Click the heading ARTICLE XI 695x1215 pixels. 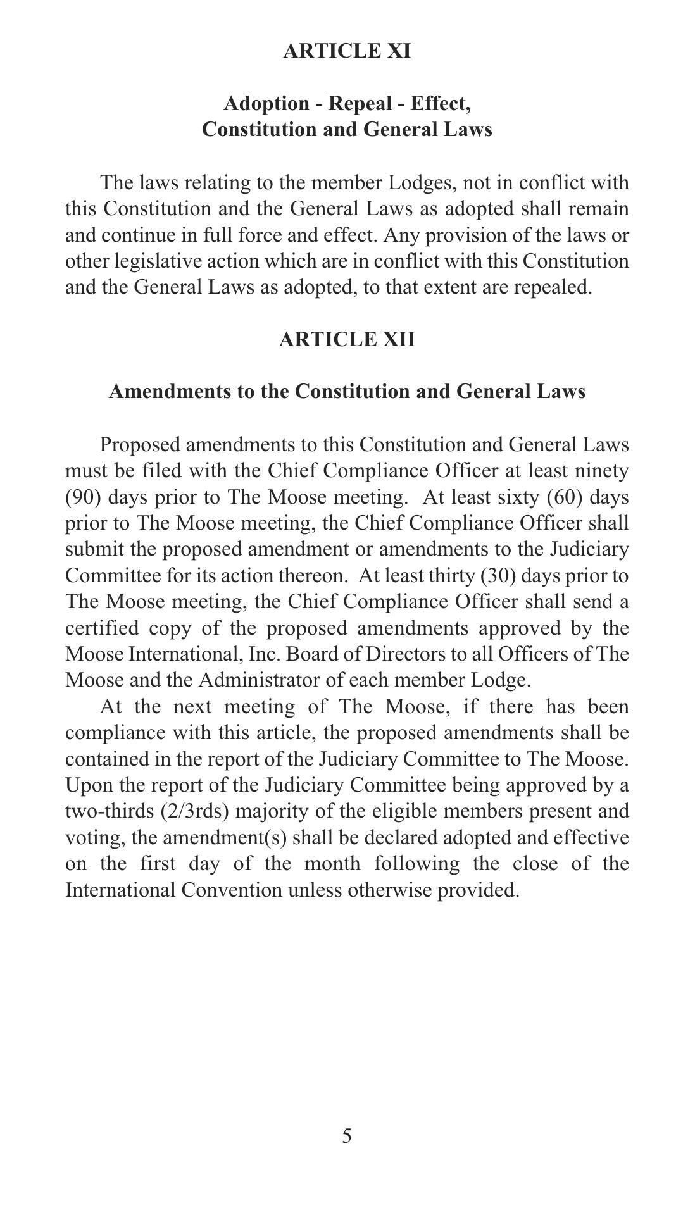[x=347, y=51]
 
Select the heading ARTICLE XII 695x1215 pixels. [x=347, y=339]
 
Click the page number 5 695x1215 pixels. [x=347, y=1137]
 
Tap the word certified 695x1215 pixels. [x=102, y=628]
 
